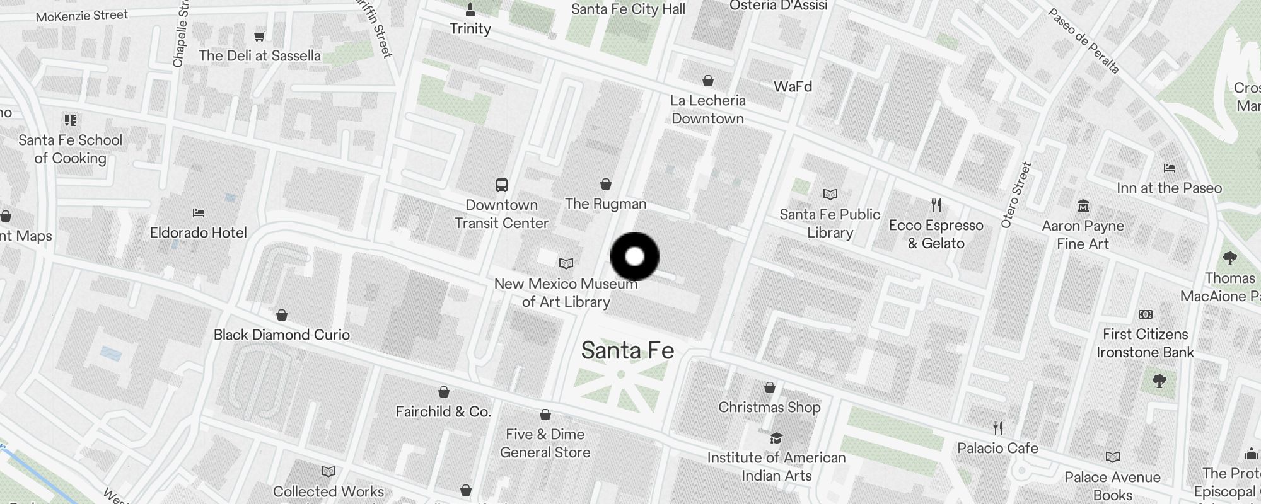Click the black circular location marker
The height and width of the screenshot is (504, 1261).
635,256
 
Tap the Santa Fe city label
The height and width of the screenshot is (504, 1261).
627,350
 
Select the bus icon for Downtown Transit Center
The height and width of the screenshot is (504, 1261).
502,185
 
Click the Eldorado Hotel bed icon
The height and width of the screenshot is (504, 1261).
199,213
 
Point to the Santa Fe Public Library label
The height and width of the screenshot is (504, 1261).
830,223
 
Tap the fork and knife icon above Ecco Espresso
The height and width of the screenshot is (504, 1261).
936,205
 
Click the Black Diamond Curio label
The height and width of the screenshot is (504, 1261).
281,335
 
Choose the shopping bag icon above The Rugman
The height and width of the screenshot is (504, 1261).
606,184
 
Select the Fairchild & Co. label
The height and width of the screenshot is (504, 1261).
443,411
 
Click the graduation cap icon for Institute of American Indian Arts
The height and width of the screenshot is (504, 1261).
776,438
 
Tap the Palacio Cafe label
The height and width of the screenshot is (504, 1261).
997,448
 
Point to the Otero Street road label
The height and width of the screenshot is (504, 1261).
1016,195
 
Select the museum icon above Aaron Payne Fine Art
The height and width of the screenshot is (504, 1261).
1083,206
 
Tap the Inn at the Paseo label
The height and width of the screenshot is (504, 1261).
1169,188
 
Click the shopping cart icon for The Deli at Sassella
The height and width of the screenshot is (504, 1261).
259,37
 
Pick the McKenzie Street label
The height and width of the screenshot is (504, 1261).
82,15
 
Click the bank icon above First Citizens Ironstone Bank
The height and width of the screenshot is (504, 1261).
1145,314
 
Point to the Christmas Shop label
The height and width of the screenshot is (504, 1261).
769,407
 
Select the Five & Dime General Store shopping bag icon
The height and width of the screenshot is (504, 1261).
545,415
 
